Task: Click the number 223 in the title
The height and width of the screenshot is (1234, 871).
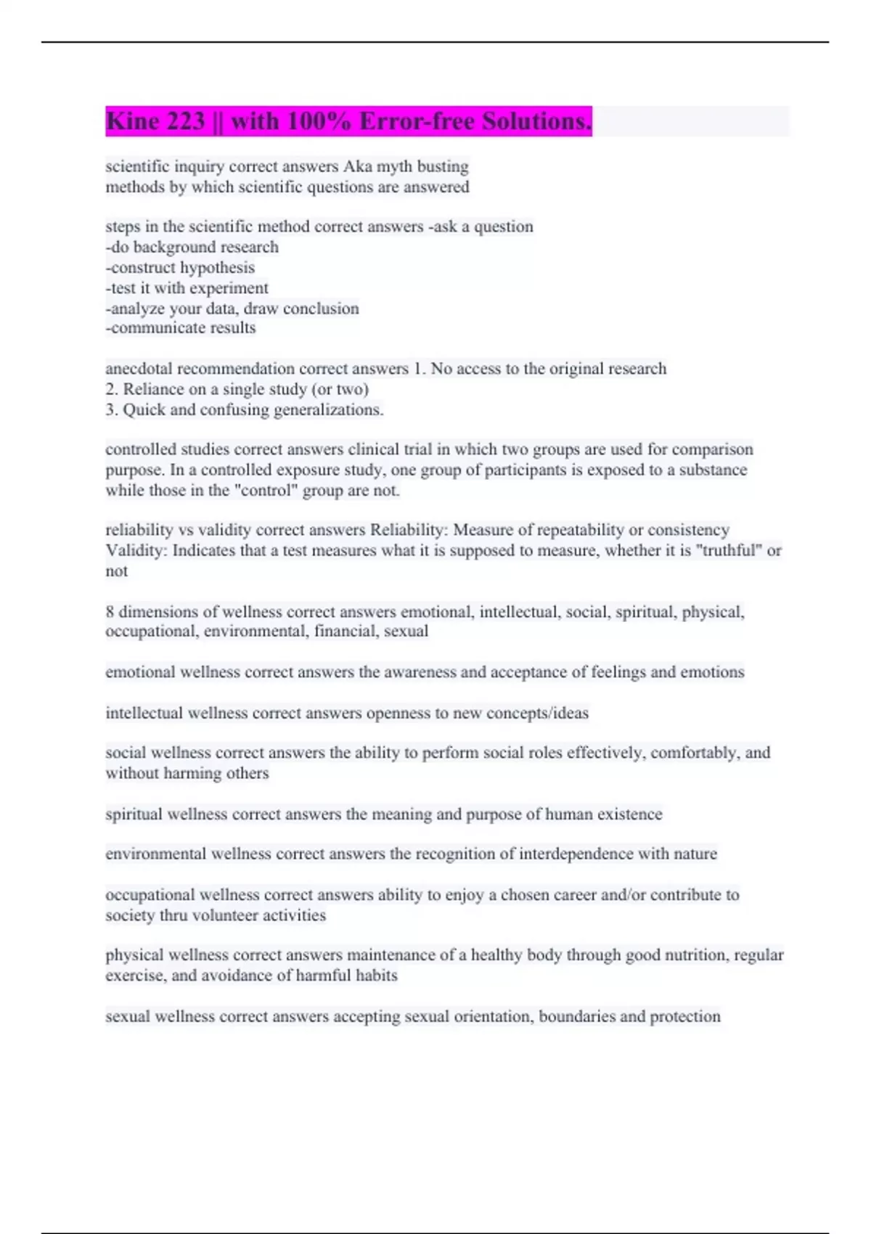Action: pyautogui.click(x=186, y=121)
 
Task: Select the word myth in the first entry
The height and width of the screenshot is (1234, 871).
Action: pyautogui.click(x=394, y=166)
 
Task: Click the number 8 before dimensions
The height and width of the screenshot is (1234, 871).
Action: pyautogui.click(x=110, y=612)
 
